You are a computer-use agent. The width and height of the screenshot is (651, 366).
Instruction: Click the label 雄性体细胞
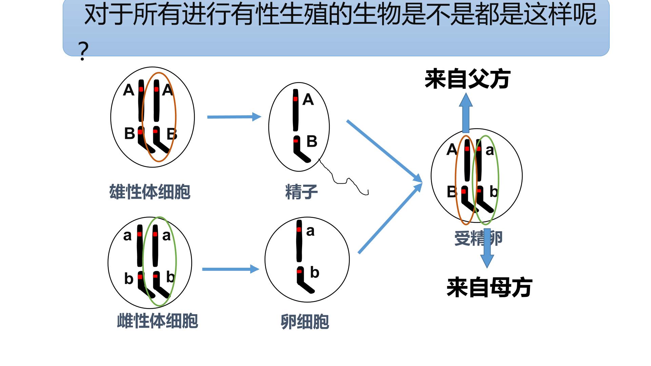tap(150, 192)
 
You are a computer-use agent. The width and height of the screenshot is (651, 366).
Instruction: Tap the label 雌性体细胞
tap(157, 321)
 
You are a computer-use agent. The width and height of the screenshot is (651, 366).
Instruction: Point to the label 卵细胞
tap(305, 322)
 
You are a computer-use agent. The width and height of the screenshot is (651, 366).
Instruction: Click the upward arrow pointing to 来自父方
tap(466, 113)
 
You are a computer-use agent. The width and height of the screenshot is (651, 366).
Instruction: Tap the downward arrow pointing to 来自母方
tap(487, 248)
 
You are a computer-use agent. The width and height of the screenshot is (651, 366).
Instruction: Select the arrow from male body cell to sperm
tap(234, 117)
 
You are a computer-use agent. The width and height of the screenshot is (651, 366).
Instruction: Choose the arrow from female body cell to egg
tap(231, 269)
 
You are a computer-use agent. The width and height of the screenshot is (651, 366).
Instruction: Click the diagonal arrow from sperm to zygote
tap(384, 151)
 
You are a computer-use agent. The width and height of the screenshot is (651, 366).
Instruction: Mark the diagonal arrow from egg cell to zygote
tap(390, 218)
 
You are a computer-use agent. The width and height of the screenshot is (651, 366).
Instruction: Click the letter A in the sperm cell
tap(308, 100)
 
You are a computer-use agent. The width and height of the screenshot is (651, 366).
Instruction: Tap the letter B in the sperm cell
tap(312, 141)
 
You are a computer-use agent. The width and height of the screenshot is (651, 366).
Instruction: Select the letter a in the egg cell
tap(310, 231)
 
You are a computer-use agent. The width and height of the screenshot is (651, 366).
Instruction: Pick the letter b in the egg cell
tap(315, 272)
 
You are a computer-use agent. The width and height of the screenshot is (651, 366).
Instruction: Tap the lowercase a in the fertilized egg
tap(490, 150)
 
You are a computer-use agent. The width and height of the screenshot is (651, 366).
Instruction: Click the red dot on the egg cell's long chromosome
tap(299, 229)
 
